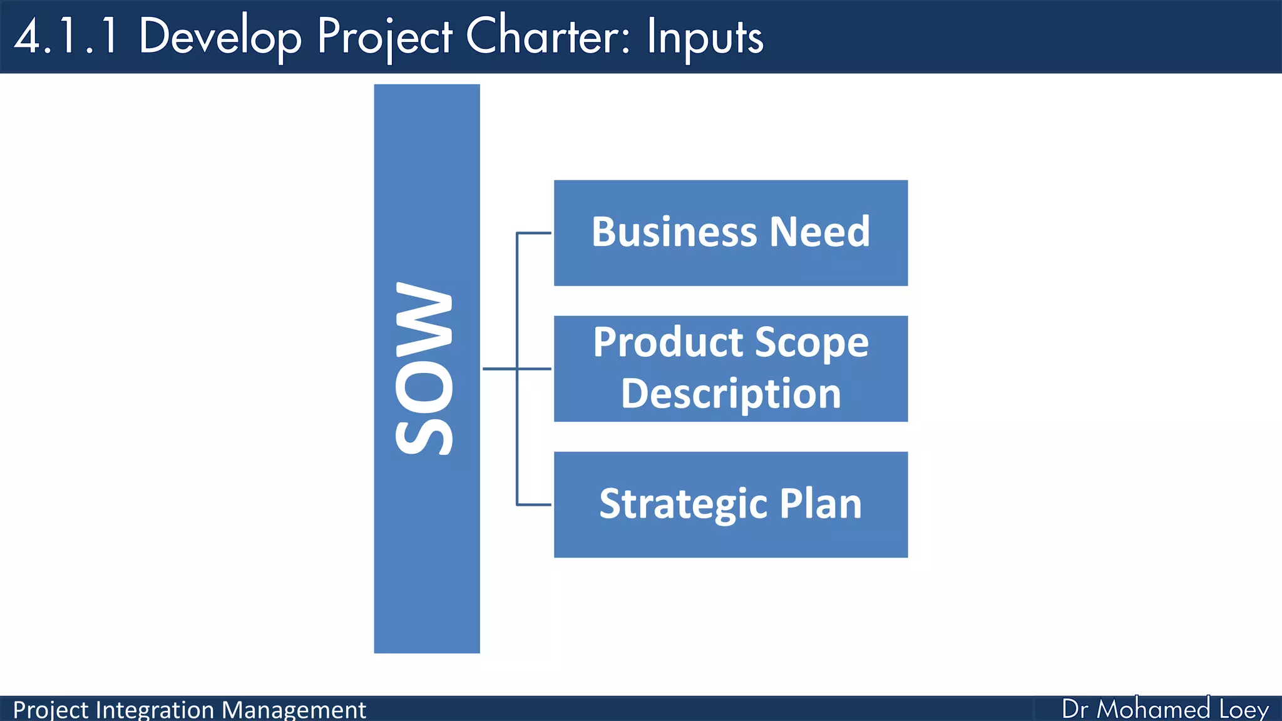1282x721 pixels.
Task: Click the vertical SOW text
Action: [x=424, y=369]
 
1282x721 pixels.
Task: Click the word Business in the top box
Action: [x=674, y=232]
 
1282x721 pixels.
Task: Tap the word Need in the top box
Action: [x=819, y=232]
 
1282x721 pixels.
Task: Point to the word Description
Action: [x=731, y=394]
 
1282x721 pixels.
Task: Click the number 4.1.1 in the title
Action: [x=66, y=36]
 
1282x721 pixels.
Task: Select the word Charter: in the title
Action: [x=548, y=36]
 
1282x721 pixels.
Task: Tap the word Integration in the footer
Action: [x=155, y=710]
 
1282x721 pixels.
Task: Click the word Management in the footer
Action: [x=294, y=710]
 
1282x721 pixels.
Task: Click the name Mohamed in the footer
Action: [x=1153, y=709]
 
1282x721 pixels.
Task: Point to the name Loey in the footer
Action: [x=1244, y=710]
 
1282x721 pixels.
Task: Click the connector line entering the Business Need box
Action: [x=534, y=233]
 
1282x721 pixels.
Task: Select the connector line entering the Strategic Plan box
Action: [x=534, y=504]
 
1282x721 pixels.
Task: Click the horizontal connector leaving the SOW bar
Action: [x=500, y=369]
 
